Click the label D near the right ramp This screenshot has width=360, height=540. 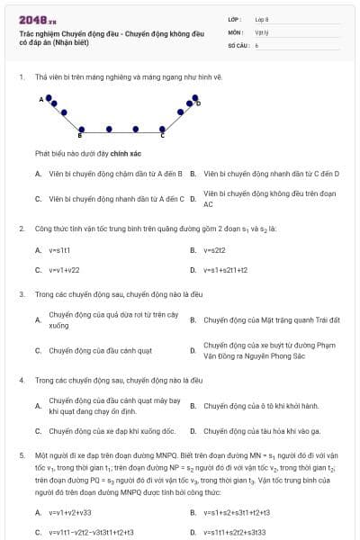(199, 103)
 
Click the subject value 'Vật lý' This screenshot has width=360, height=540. (261, 31)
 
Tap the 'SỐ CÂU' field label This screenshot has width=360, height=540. (238, 44)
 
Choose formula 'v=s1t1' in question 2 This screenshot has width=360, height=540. (59, 249)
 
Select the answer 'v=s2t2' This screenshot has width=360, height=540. (213, 249)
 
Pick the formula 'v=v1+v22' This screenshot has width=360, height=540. (64, 269)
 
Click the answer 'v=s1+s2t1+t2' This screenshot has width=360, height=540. (225, 269)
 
